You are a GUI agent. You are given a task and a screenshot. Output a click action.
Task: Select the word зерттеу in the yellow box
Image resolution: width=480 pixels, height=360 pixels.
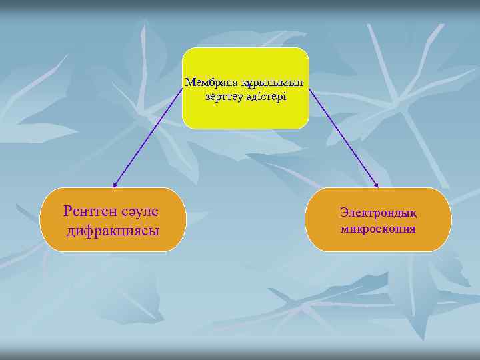click(x=225, y=97)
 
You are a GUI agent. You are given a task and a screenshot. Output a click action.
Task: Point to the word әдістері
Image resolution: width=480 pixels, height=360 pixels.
click(x=266, y=97)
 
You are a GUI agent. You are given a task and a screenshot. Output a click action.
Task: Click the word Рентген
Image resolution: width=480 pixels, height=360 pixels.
click(x=90, y=211)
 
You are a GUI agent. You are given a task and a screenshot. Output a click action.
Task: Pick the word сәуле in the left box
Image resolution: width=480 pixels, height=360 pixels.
click(x=140, y=211)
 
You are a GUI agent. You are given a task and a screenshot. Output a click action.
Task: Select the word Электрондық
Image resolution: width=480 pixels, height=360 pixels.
click(x=377, y=213)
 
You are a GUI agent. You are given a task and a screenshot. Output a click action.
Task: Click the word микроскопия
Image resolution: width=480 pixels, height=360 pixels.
click(x=377, y=229)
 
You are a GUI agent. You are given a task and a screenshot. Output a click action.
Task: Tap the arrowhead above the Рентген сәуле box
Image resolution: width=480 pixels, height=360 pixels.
click(x=115, y=185)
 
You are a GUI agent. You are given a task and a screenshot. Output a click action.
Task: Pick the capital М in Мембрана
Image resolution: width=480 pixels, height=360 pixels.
click(x=190, y=83)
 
